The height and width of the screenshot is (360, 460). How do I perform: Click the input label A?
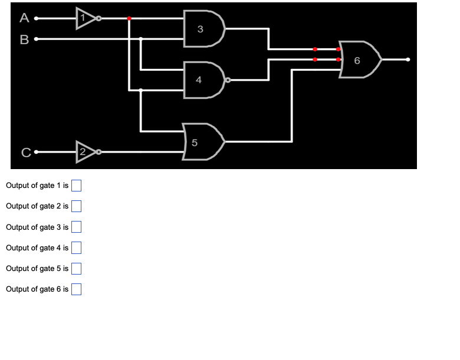click(24, 18)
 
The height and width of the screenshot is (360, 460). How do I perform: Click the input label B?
click(24, 40)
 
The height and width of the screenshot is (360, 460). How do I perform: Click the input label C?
click(25, 153)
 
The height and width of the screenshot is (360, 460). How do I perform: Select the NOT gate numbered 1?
click(85, 19)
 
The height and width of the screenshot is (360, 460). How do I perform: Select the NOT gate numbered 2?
click(85, 152)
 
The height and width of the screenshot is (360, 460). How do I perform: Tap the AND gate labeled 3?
click(203, 29)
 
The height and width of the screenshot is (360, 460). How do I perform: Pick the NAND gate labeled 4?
click(202, 80)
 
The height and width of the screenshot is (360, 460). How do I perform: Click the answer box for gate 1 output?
click(76, 186)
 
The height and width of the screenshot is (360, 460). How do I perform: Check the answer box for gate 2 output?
click(76, 206)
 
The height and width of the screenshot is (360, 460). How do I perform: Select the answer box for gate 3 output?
click(76, 227)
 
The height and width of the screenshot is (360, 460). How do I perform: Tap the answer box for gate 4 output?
click(76, 247)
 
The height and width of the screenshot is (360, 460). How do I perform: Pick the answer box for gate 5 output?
click(76, 269)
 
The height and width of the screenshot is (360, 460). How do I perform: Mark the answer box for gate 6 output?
click(76, 289)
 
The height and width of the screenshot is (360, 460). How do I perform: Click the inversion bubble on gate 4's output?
click(228, 80)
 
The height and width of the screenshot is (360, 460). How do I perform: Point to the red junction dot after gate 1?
click(129, 19)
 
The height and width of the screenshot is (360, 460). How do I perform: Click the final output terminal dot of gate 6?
click(408, 60)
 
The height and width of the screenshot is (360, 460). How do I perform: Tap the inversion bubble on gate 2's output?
click(98, 152)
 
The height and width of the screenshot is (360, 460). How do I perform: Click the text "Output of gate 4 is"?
click(37, 247)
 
